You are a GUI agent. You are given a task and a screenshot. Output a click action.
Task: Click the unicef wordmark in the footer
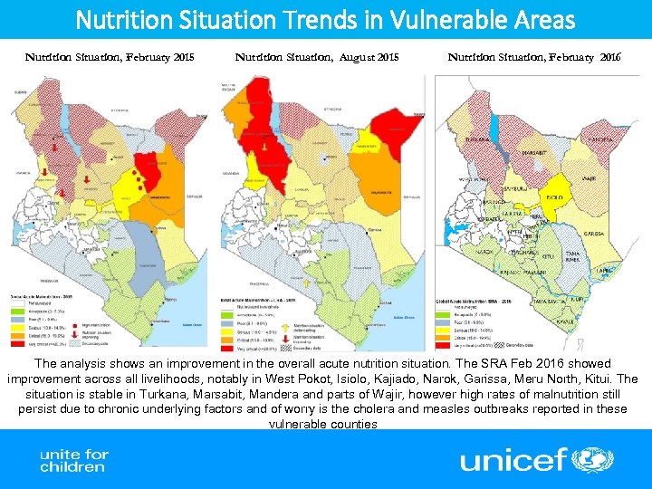point(513,459)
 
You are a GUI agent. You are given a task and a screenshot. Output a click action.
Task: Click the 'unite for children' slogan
point(73,460)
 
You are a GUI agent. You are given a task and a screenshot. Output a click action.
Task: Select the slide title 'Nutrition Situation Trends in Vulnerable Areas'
point(325,19)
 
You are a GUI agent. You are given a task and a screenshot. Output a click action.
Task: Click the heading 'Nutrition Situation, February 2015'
point(110,57)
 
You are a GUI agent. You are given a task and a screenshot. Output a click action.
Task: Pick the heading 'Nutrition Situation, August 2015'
point(317,57)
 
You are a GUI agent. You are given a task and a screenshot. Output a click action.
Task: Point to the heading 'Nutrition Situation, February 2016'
point(534,57)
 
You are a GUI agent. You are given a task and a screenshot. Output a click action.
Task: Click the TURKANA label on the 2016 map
point(478,140)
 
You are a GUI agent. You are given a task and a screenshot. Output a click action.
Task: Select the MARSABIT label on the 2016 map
point(541,153)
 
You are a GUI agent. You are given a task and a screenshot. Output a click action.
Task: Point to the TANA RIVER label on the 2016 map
point(572,256)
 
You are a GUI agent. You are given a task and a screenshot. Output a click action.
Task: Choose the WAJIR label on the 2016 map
point(589,179)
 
